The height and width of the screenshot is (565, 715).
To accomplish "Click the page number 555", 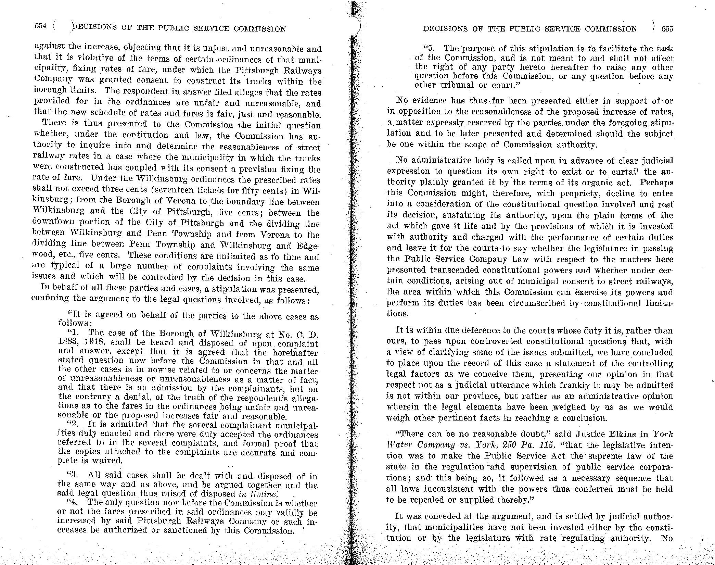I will [667, 29].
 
